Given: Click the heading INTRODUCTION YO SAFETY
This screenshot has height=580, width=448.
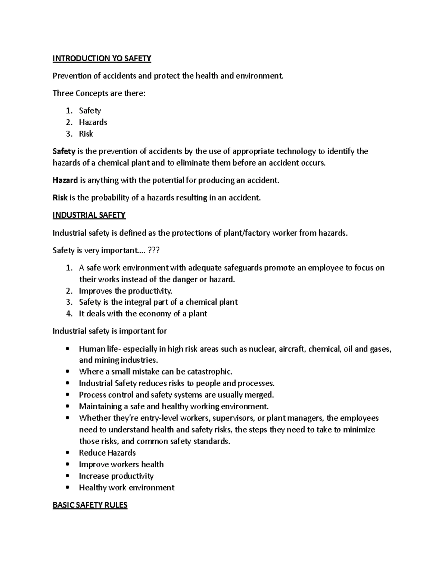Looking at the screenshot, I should [102, 58].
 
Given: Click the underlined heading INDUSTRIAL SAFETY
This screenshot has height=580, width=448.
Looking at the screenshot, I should [89, 215].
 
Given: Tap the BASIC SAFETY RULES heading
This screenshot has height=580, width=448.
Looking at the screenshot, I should [90, 505].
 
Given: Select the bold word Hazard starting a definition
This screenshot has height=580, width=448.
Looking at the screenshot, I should [65, 180].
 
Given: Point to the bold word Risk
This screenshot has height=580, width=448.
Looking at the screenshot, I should [60, 198].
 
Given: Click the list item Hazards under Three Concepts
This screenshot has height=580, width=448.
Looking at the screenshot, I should [93, 122].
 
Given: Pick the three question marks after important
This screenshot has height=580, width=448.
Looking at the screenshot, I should [154, 250].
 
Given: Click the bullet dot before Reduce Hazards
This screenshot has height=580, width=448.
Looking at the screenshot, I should [67, 453].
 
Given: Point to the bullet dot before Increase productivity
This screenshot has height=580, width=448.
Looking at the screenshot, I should [67, 476].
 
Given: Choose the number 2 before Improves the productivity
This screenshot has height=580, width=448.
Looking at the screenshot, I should [69, 291].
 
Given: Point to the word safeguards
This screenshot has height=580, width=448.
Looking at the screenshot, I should [241, 268].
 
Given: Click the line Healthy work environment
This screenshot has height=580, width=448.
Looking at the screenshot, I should [127, 488].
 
